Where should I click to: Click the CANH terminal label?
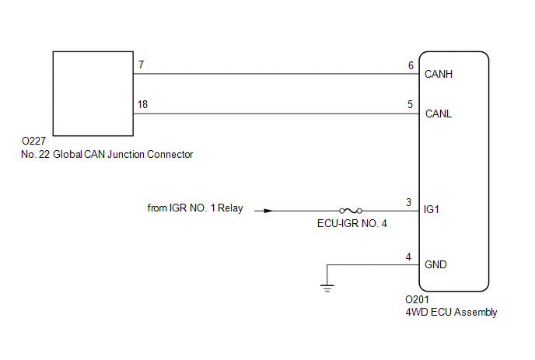click(x=439, y=75)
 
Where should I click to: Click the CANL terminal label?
click(x=438, y=114)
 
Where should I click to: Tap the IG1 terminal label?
click(x=433, y=210)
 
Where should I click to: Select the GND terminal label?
click(x=435, y=264)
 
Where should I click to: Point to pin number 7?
click(x=141, y=65)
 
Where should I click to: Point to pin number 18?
click(x=143, y=103)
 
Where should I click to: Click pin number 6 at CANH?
click(x=411, y=65)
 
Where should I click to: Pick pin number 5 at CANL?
click(x=411, y=103)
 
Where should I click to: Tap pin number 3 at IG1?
click(x=408, y=202)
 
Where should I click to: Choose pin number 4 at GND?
click(x=408, y=257)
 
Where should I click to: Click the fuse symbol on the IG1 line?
click(x=349, y=210)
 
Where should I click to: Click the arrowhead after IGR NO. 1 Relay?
click(x=268, y=210)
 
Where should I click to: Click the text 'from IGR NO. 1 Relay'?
click(x=194, y=208)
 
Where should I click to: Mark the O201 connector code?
click(x=418, y=299)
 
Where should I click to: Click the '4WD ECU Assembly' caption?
click(x=451, y=313)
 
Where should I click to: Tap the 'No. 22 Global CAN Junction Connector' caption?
click(x=107, y=154)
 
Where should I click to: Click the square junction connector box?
click(x=92, y=92)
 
